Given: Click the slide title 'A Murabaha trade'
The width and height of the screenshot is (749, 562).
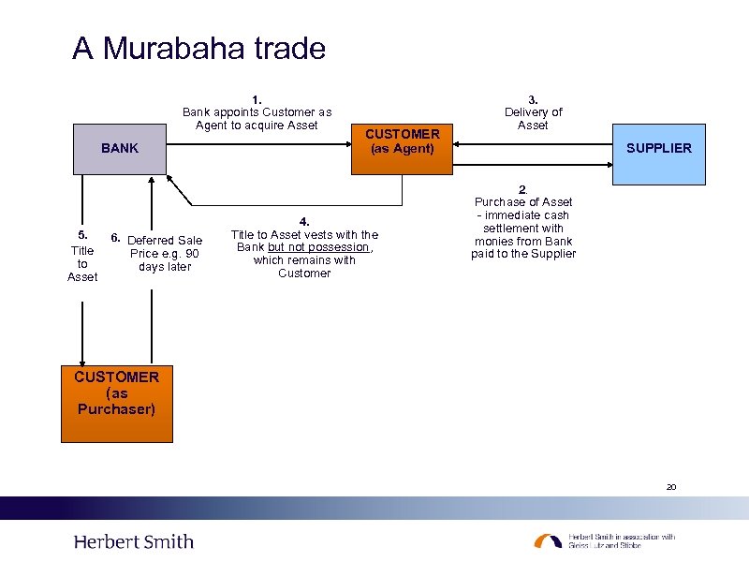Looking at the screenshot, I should [x=198, y=48].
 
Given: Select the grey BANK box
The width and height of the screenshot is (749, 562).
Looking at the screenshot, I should [x=120, y=148].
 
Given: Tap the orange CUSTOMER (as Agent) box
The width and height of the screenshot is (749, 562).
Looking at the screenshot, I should [x=402, y=141].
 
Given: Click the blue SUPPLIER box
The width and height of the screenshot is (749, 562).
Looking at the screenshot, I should [x=659, y=148].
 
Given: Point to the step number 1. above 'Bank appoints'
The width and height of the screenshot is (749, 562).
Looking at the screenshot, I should [x=257, y=99].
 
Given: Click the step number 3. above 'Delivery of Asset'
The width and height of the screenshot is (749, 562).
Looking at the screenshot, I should [x=533, y=99].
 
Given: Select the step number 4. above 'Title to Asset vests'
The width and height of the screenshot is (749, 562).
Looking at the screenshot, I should [x=304, y=222].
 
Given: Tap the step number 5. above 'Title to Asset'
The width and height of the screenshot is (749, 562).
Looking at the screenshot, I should [x=82, y=235].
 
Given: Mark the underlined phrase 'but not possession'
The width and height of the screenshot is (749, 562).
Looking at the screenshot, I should [x=319, y=247].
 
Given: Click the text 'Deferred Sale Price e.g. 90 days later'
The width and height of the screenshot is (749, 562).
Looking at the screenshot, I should [x=165, y=254].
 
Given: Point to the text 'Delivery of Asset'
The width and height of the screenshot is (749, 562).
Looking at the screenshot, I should [x=533, y=119].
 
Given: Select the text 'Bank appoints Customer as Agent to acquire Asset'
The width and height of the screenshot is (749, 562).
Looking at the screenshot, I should [x=257, y=119].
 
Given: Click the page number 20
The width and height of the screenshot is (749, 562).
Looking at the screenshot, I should [x=670, y=487].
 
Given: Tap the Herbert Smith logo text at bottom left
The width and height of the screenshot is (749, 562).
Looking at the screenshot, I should [x=134, y=541].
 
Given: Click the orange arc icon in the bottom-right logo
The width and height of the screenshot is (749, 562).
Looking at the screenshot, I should [x=548, y=540].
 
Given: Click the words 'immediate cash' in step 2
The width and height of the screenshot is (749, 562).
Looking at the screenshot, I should [x=530, y=215].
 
